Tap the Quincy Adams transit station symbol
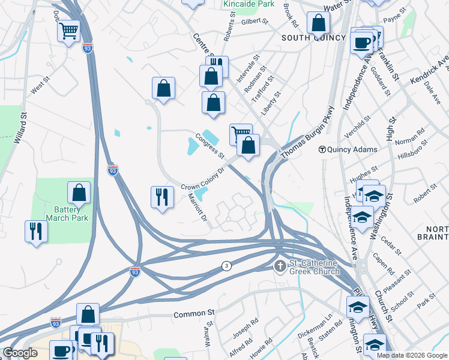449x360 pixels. [x=322, y=149]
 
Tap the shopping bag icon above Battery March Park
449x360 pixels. [x=79, y=193]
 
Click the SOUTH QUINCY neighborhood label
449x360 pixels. [x=314, y=38]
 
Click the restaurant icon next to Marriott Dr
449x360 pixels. [x=161, y=198]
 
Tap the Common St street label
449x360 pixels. [x=194, y=314]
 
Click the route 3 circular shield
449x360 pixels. [x=226, y=266]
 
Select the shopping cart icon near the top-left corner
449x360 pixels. [x=69, y=30]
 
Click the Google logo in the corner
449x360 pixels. [x=19, y=353]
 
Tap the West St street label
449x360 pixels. [x=39, y=88]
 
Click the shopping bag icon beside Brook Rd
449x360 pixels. [x=318, y=24]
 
